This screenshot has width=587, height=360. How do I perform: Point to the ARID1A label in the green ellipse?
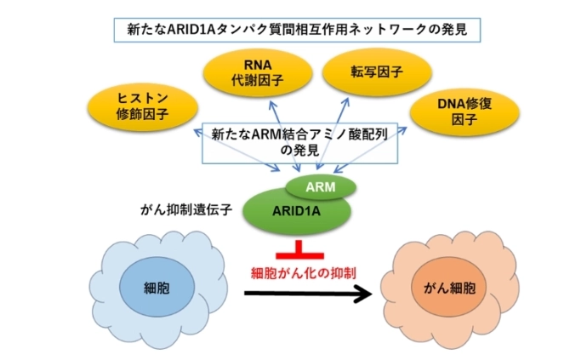[292, 209]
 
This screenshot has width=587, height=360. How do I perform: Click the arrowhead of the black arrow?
[364, 294]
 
